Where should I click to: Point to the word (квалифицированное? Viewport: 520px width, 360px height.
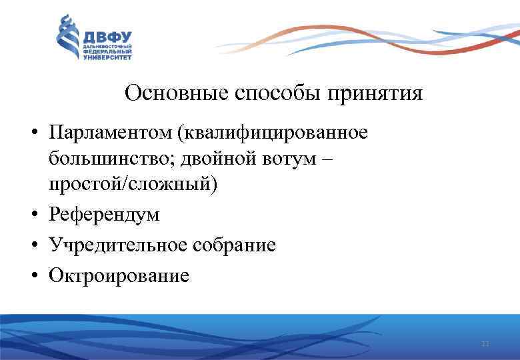pyautogui.click(x=271, y=133)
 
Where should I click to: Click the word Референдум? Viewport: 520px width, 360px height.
pyautogui.click(x=104, y=215)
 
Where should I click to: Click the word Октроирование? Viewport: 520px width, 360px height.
pyautogui.click(x=118, y=274)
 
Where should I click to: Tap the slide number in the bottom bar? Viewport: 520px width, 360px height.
pyautogui.click(x=485, y=344)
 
